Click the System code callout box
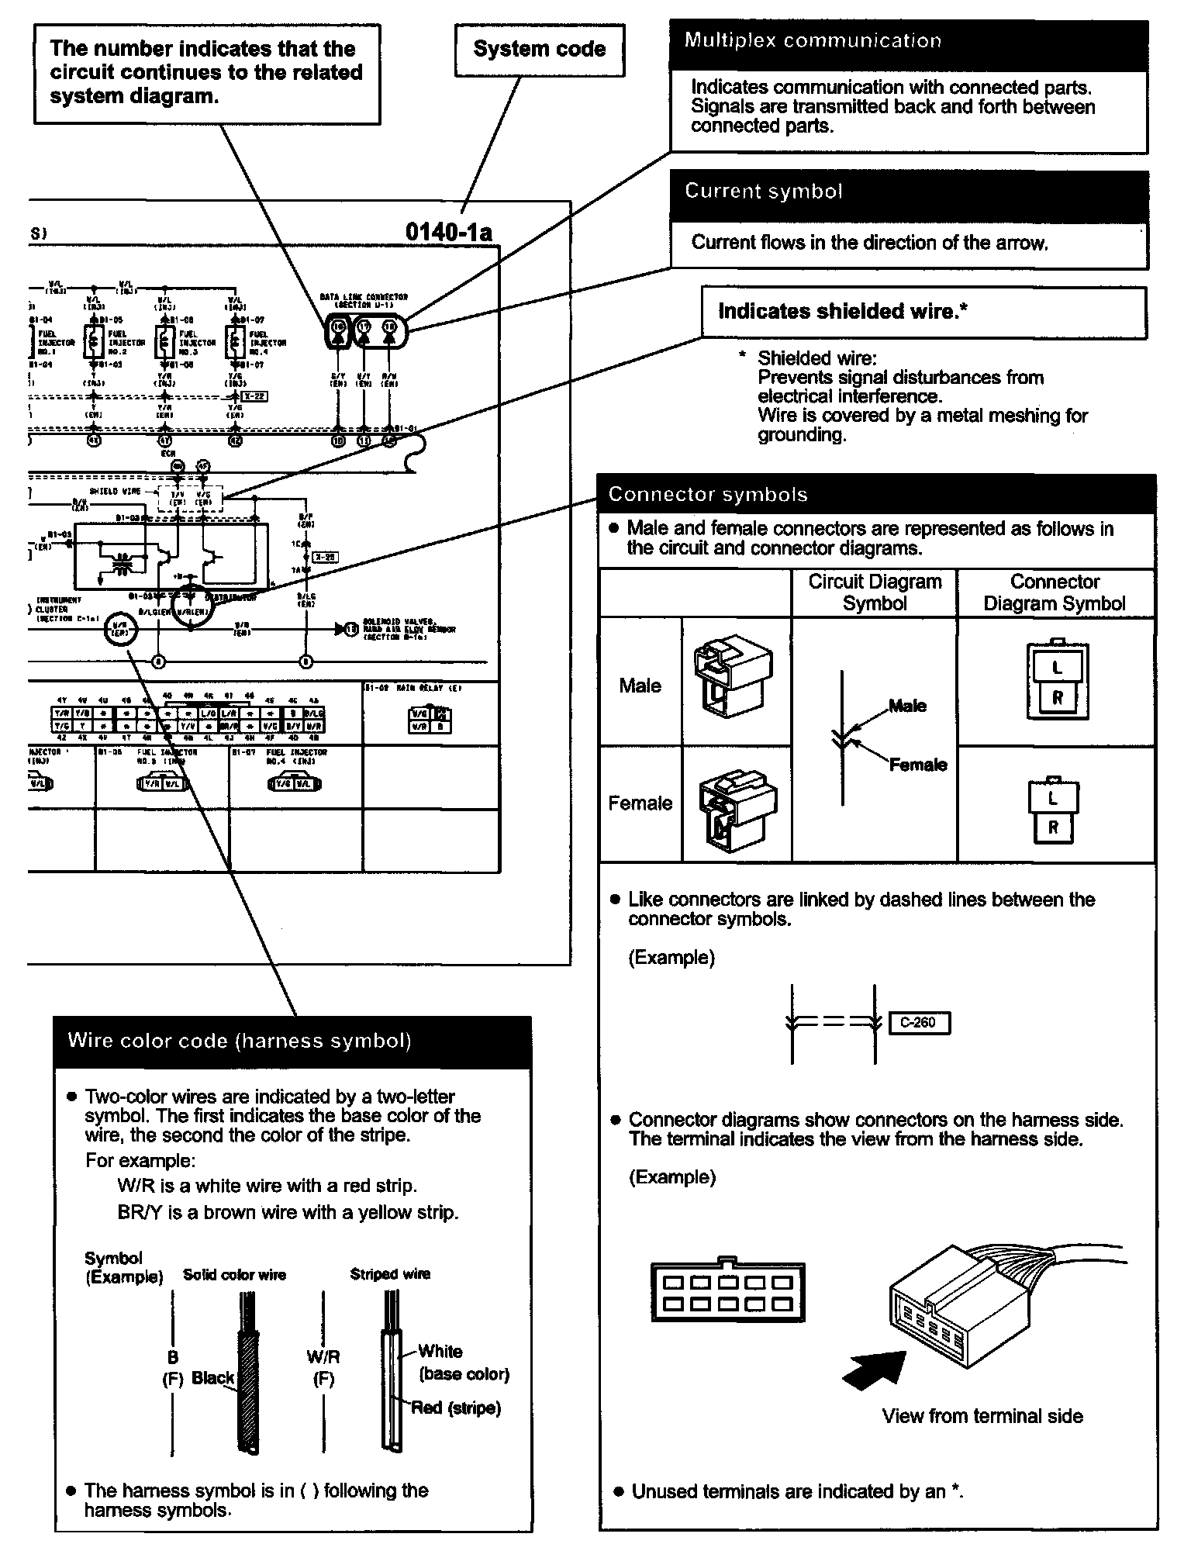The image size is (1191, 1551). point(539,50)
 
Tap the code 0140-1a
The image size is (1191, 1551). point(448,233)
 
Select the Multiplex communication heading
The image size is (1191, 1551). point(813,41)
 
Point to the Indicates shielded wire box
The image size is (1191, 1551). point(923,312)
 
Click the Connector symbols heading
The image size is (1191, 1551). point(708,494)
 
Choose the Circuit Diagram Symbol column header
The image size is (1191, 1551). point(875,592)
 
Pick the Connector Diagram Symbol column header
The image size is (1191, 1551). point(1055,592)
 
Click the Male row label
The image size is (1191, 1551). point(640,686)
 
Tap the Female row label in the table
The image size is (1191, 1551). point(640,803)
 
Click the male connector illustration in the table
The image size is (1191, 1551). point(732,677)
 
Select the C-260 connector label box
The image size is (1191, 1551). point(918,1023)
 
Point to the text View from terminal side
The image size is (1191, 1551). point(982,1416)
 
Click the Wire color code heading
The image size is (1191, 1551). point(239,1041)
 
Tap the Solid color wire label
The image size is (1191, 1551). point(234,1274)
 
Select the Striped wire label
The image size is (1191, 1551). point(390,1273)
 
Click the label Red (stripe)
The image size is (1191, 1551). point(456,1408)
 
